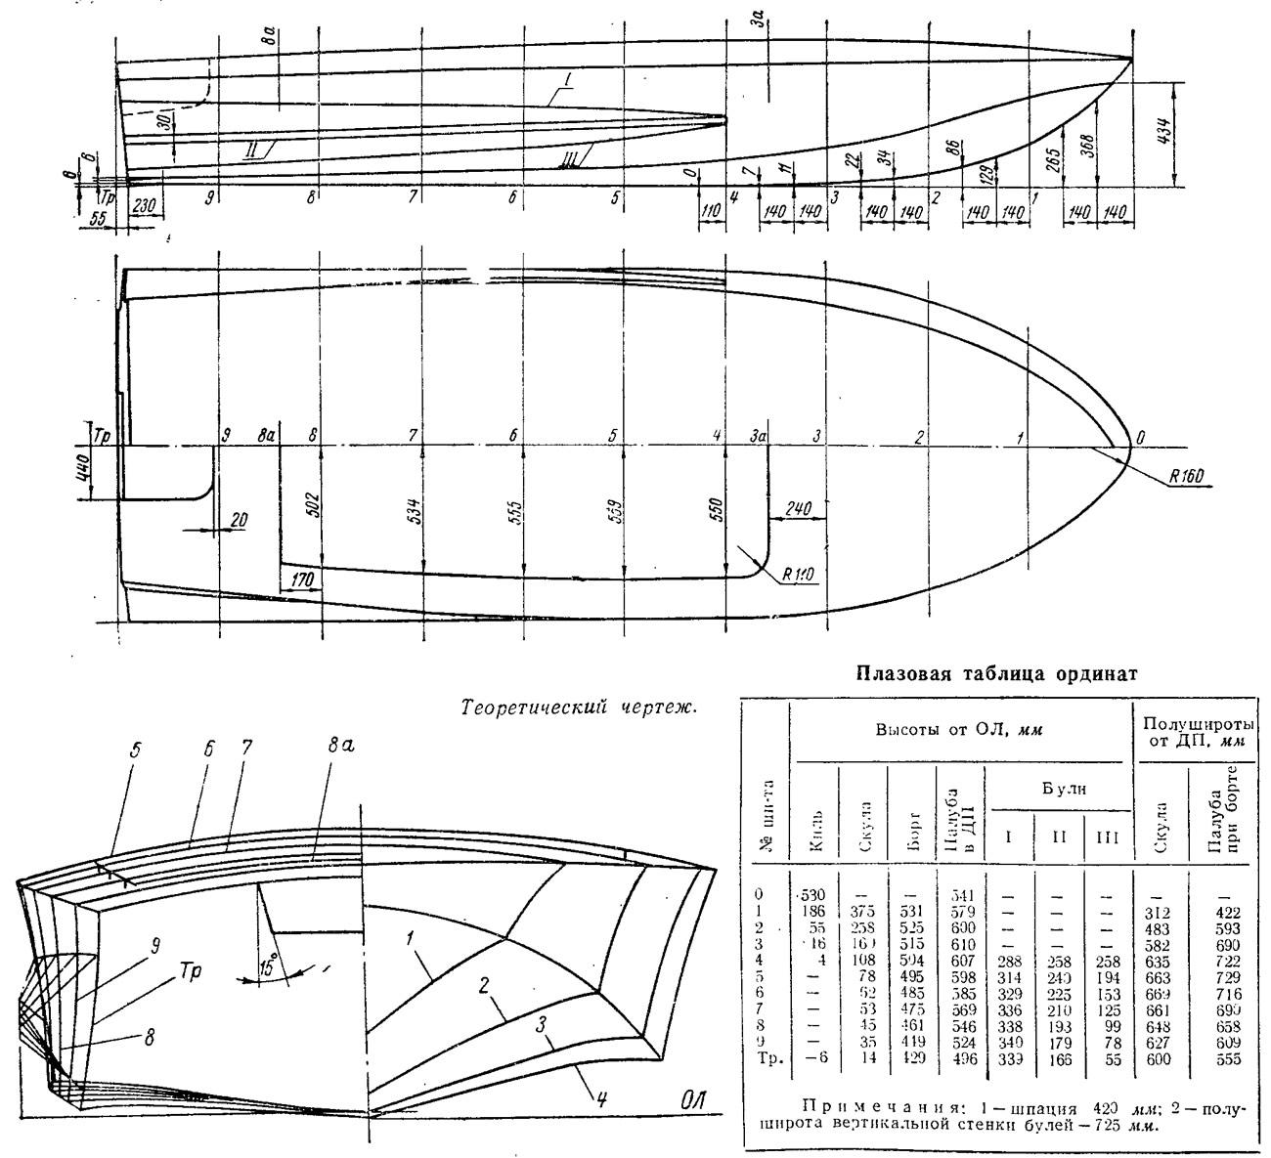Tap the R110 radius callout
pyautogui.click(x=799, y=574)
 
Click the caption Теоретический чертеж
pyautogui.click(x=578, y=706)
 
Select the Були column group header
pyautogui.click(x=1056, y=785)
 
